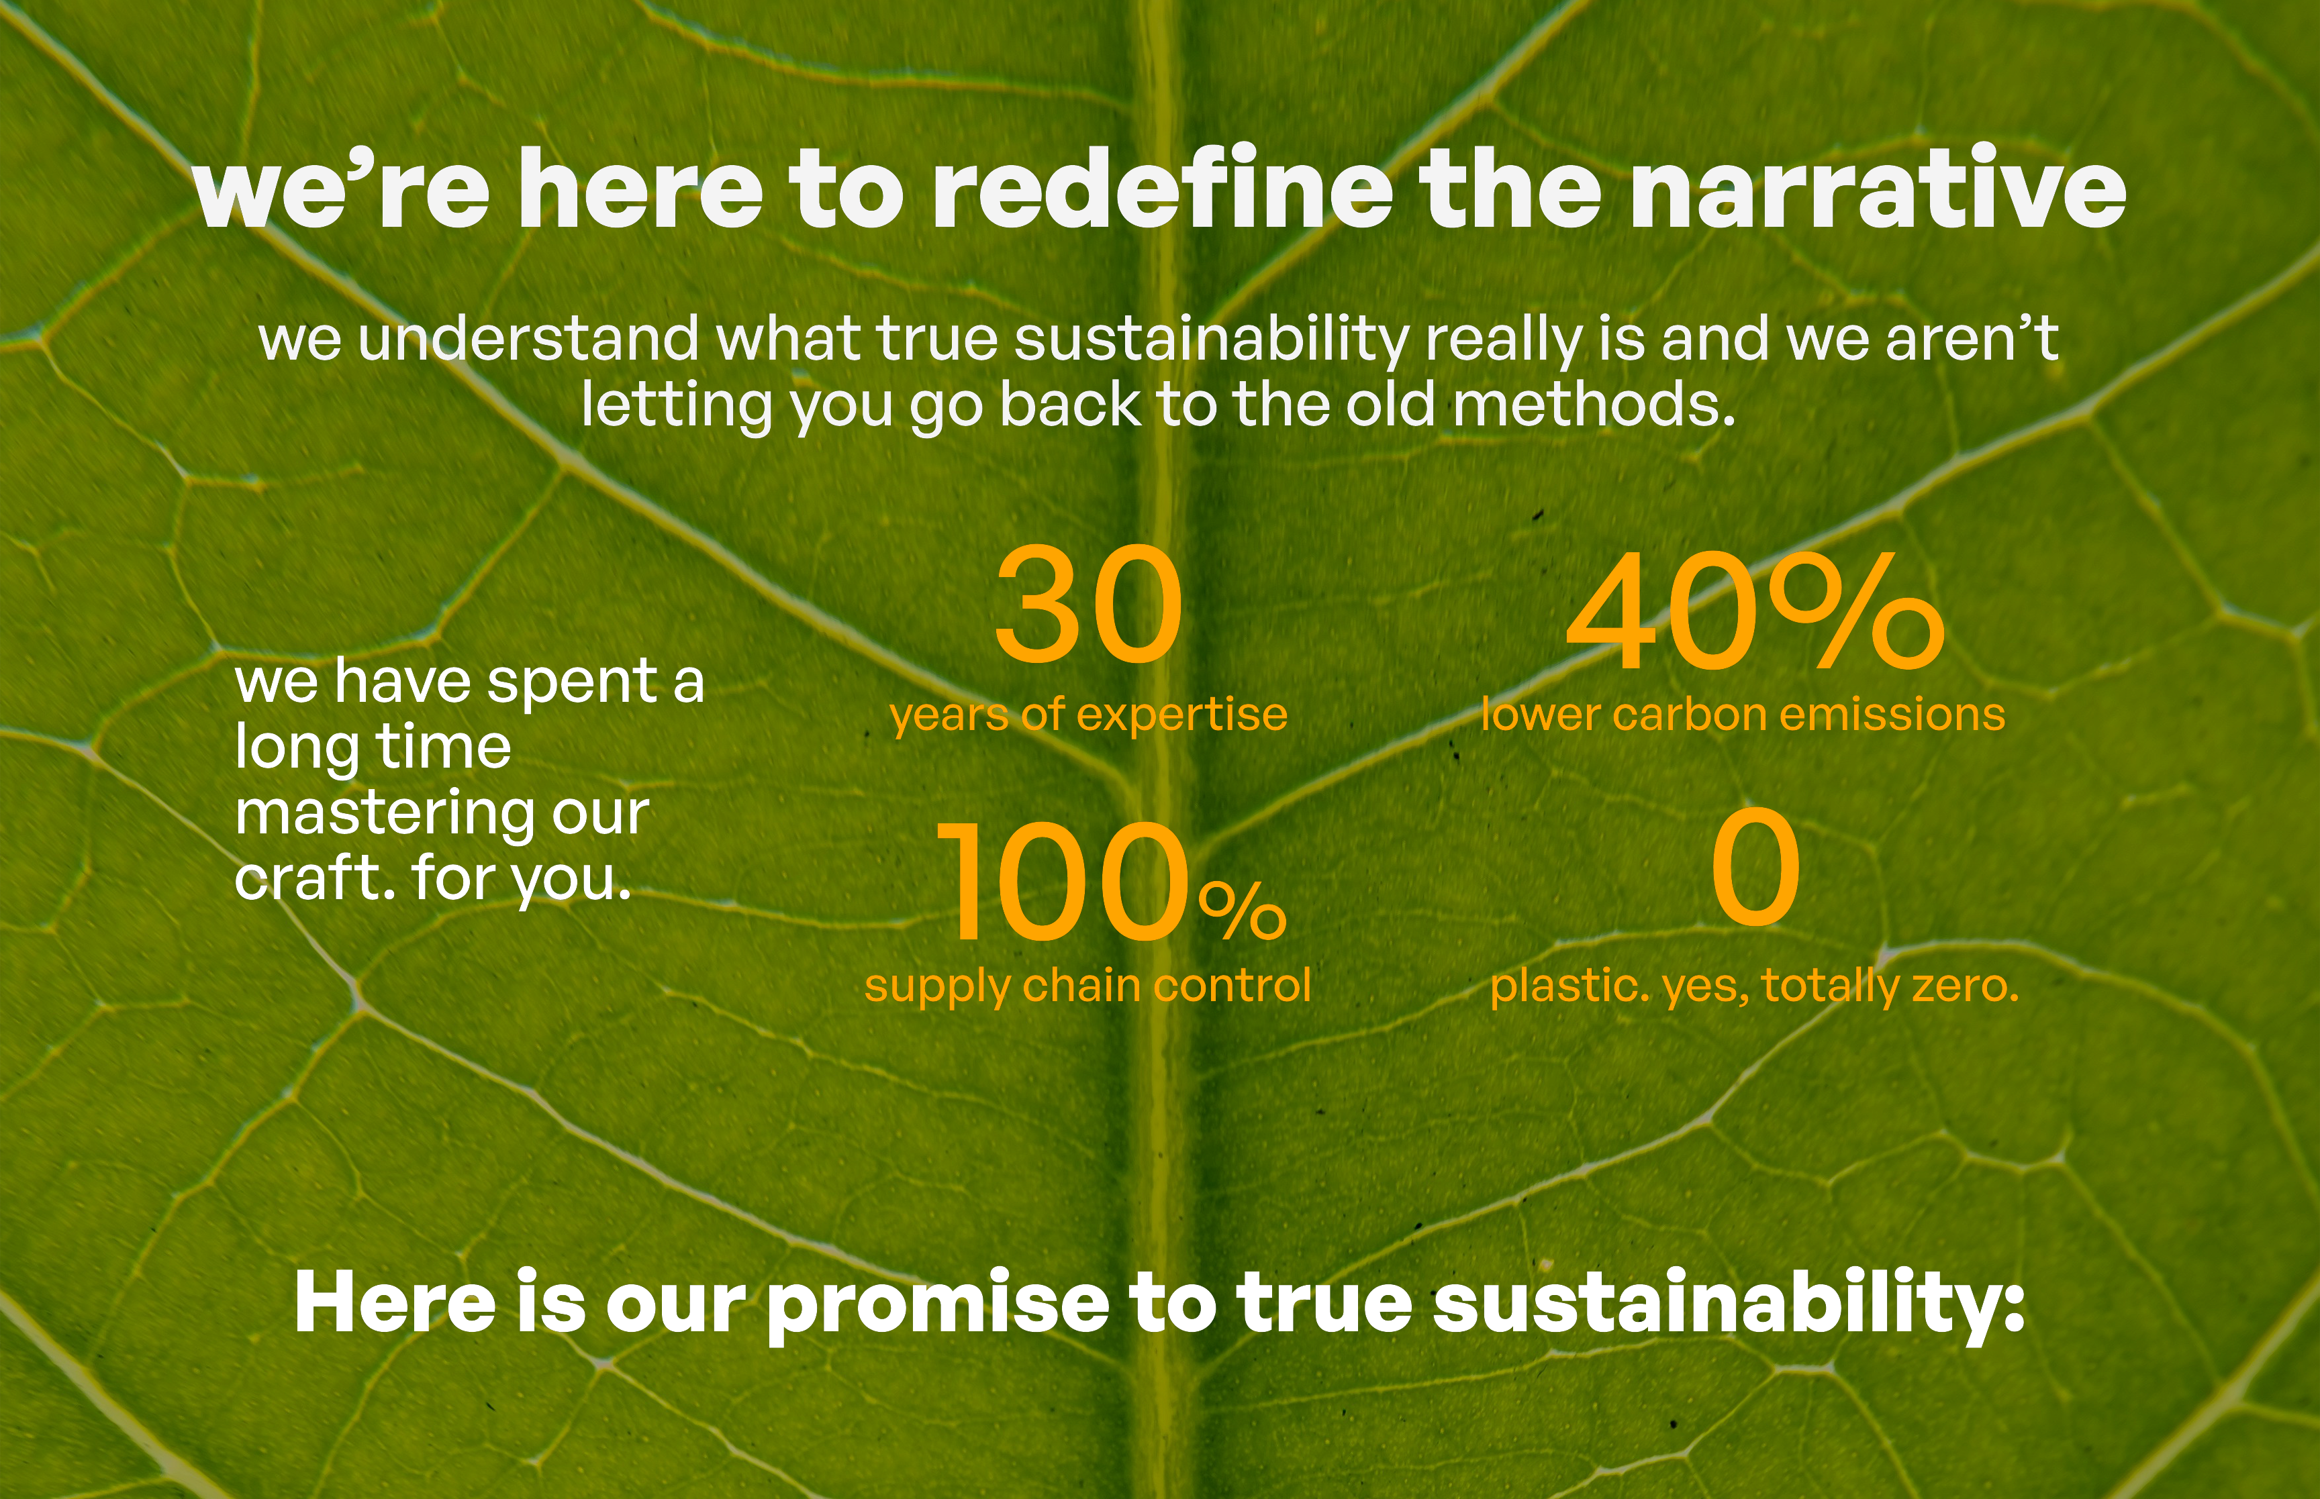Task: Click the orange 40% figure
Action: click(1754, 611)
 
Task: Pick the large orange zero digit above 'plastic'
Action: click(1755, 866)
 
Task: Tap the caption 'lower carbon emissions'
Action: click(1743, 713)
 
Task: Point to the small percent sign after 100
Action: click(1243, 911)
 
